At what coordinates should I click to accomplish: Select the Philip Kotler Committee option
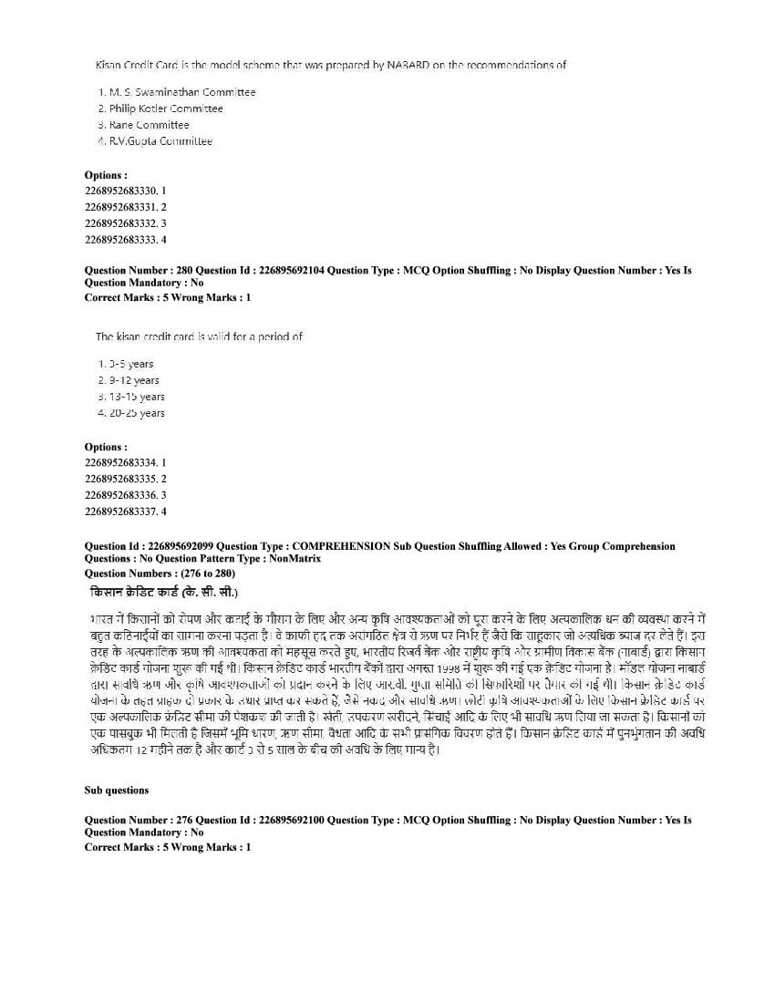tap(165, 109)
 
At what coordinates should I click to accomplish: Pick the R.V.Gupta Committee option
tap(160, 141)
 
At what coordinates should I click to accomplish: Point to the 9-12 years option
tap(133, 380)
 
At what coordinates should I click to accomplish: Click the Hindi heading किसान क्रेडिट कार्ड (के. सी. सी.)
tap(160, 592)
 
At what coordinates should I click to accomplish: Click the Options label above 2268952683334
tap(106, 447)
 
